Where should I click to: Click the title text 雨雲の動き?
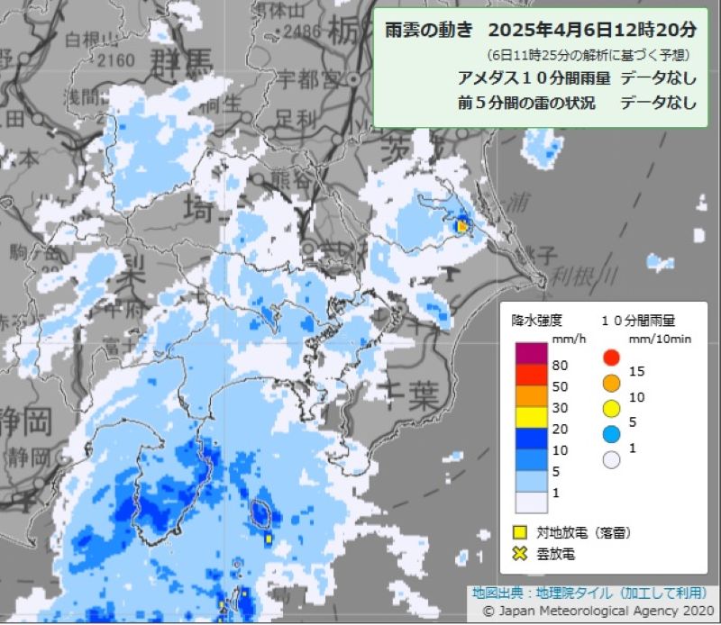(428, 30)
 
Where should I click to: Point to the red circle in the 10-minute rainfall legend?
(612, 356)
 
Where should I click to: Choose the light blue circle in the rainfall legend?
(612, 434)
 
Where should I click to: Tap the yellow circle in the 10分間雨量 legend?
(612, 408)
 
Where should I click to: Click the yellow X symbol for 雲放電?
(519, 553)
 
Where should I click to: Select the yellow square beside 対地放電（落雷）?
(519, 533)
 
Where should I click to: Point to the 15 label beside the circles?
(638, 370)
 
